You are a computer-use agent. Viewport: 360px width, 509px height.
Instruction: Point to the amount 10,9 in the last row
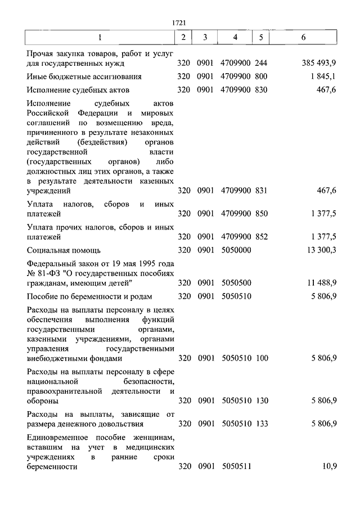(329, 467)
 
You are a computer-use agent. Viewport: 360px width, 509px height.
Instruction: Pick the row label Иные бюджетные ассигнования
(84, 76)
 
